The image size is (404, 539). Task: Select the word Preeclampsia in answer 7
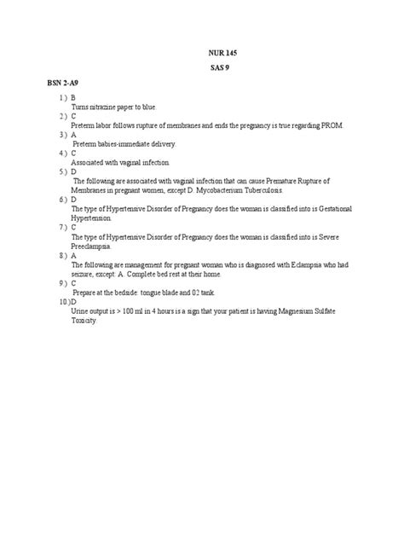click(x=94, y=245)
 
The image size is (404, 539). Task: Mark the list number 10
click(x=62, y=301)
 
